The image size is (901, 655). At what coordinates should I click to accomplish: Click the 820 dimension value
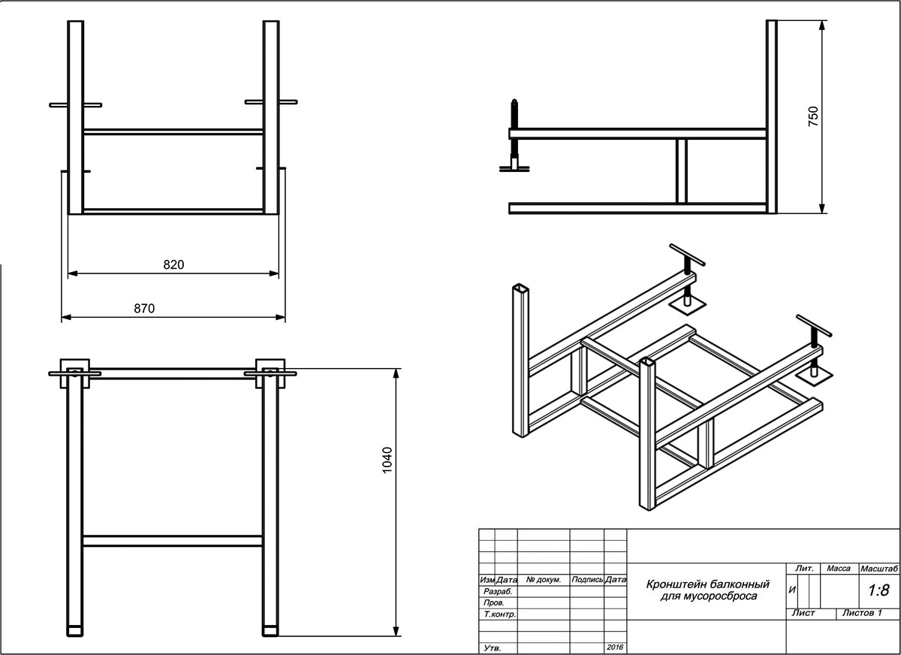point(173,264)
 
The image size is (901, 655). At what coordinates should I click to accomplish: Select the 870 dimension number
point(143,309)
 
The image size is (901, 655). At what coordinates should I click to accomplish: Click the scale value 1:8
point(878,591)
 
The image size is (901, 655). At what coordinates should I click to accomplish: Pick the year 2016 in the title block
point(615,647)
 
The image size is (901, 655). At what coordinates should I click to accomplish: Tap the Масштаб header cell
point(880,569)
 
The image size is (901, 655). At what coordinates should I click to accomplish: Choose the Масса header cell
point(838,569)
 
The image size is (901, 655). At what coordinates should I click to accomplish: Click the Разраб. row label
point(498,592)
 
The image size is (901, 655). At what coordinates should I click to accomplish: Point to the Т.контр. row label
point(499,614)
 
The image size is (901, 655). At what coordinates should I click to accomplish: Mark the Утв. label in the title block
point(493,647)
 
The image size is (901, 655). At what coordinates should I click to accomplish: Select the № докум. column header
point(544,580)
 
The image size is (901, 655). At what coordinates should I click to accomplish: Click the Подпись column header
point(587,580)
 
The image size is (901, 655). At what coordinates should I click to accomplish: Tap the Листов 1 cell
point(861,613)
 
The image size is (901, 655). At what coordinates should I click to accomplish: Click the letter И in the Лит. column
point(792,590)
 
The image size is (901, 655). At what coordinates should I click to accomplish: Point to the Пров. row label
point(494,603)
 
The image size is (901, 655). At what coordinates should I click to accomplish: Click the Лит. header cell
point(804,569)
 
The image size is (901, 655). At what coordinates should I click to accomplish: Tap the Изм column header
point(487,580)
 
